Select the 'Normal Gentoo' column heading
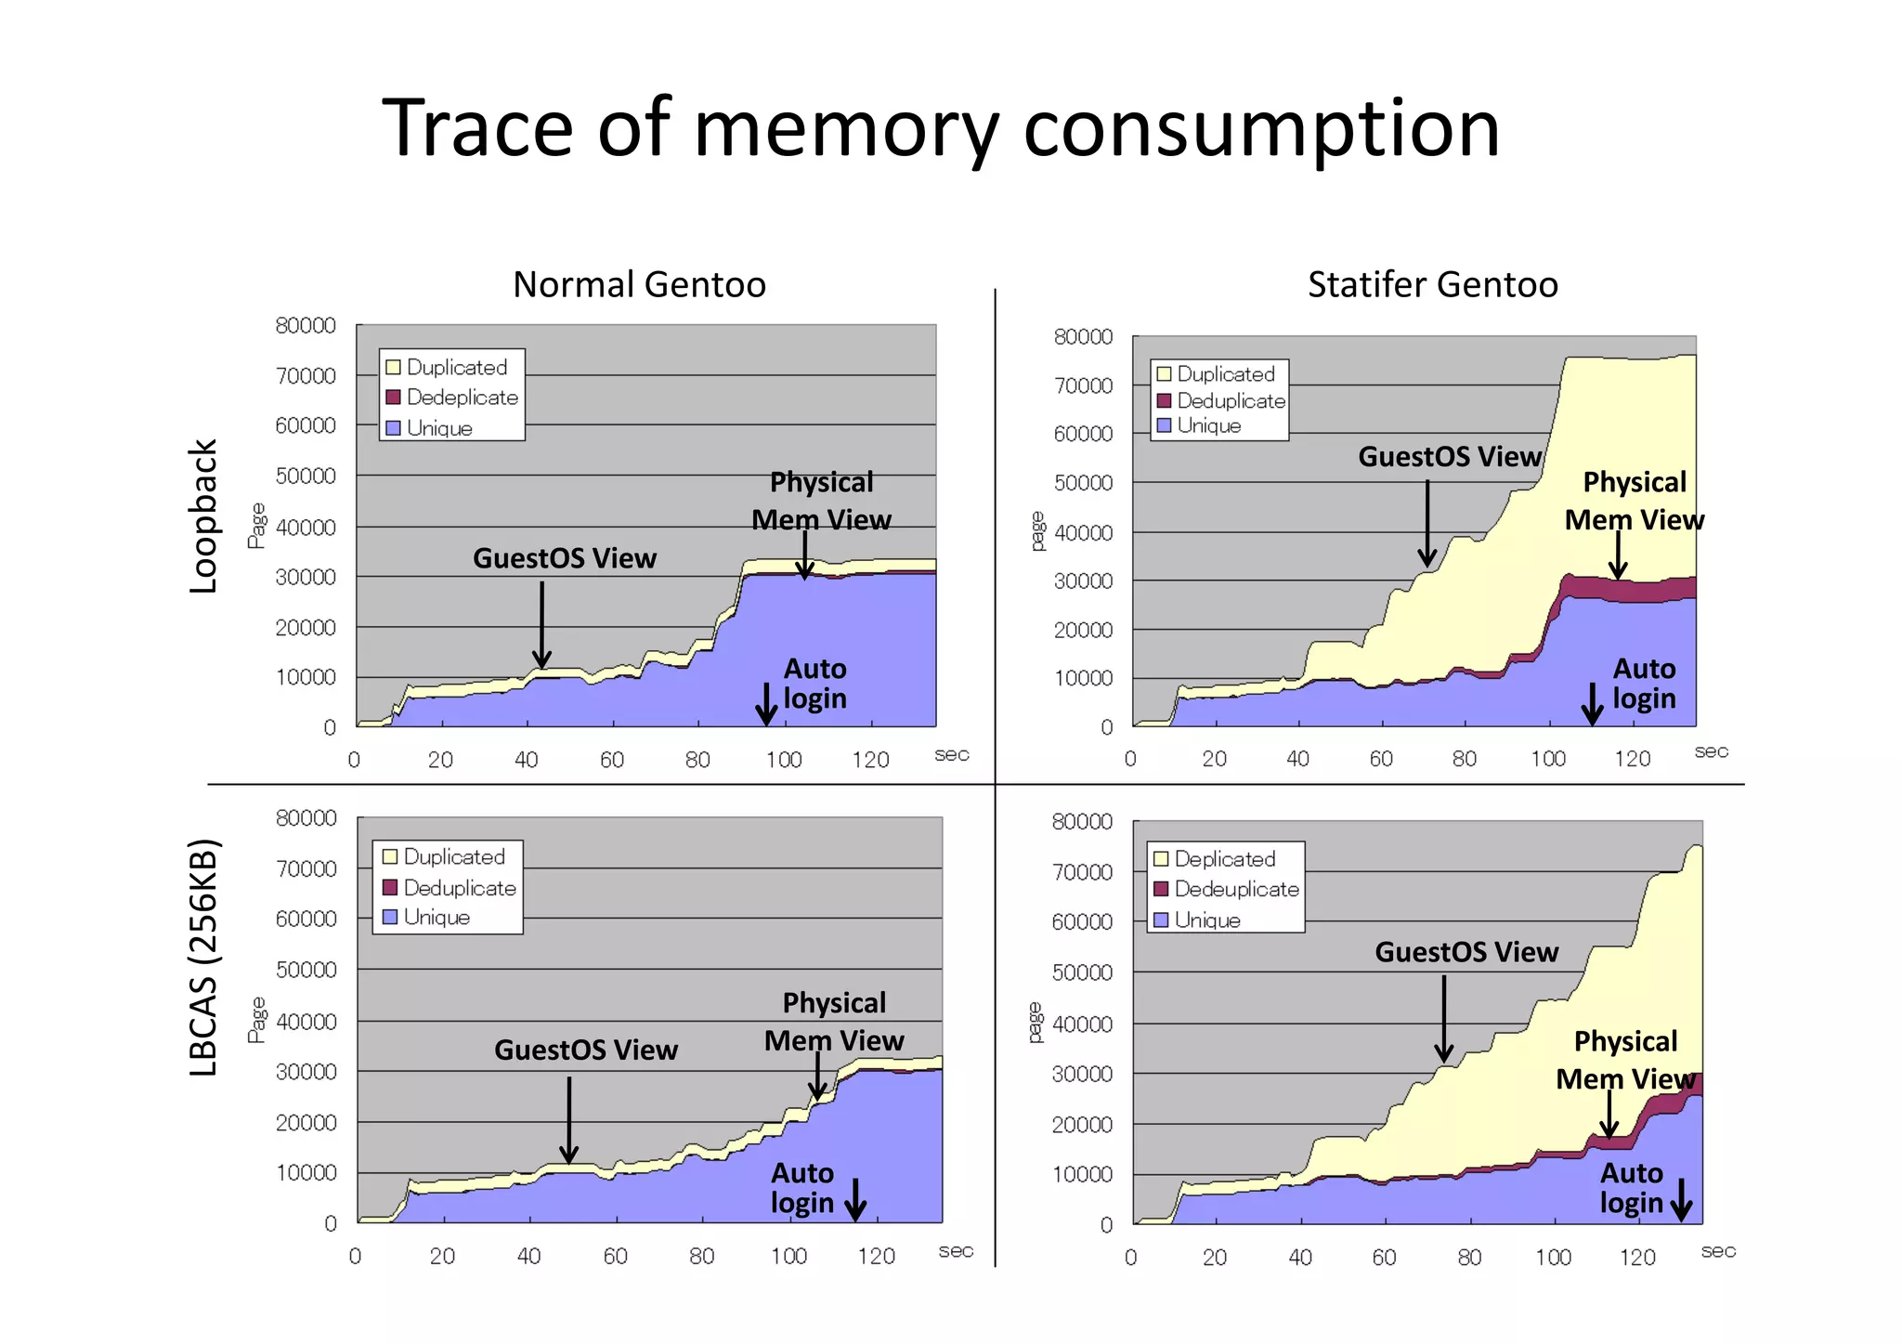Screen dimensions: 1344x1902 pyautogui.click(x=639, y=284)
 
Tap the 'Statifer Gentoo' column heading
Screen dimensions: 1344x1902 pyautogui.click(x=1432, y=284)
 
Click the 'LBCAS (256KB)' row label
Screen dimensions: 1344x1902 pyautogui.click(x=202, y=957)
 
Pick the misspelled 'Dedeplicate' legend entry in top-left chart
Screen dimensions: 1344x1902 pyautogui.click(x=462, y=398)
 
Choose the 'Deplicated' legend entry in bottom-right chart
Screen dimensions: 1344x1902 pyautogui.click(x=1224, y=859)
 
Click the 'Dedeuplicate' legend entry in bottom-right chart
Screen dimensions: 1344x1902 pyautogui.click(x=1235, y=889)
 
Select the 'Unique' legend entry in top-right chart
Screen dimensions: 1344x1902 pyautogui.click(x=1208, y=425)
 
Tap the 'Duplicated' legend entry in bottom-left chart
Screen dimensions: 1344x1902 pyautogui.click(x=453, y=856)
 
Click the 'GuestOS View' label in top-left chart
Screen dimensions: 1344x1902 pyautogui.click(x=565, y=558)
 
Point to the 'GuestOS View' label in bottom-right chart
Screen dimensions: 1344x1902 pyautogui.click(x=1466, y=952)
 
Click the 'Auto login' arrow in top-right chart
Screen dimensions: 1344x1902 pyautogui.click(x=1592, y=703)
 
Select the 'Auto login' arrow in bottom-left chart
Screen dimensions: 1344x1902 pyautogui.click(x=855, y=1199)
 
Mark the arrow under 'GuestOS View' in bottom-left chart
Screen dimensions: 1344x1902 pyautogui.click(x=569, y=1119)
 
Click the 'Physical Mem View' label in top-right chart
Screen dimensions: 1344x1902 pyautogui.click(x=1635, y=501)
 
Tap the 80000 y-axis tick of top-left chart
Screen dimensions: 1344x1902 pyautogui.click(x=306, y=325)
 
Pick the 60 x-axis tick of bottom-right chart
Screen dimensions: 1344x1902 pyautogui.click(x=1384, y=1258)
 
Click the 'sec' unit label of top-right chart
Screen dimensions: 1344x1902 pyautogui.click(x=1711, y=751)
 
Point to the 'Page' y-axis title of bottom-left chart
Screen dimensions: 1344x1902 pyautogui.click(x=256, y=1020)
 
